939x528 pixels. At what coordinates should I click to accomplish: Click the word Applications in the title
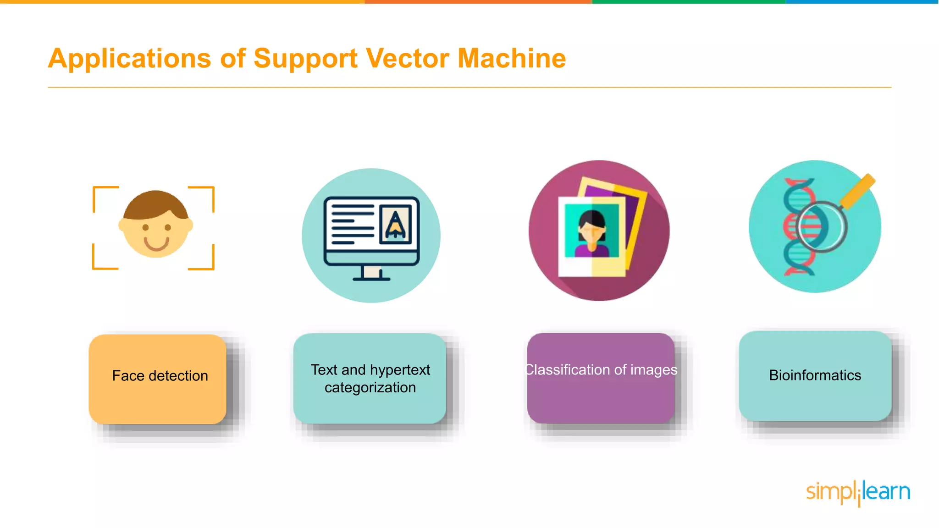pos(129,59)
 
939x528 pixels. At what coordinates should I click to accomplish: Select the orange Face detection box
pos(158,379)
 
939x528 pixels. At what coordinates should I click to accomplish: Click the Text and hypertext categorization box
pos(370,379)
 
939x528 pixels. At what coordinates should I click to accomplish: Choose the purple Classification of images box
pos(601,379)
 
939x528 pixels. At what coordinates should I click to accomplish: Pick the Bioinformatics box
pos(815,376)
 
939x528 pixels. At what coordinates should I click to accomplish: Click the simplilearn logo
pos(858,492)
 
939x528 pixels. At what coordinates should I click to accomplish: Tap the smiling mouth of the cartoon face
pos(156,243)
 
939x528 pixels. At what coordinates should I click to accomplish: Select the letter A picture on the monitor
pos(395,224)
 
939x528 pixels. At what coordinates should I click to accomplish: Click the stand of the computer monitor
pos(371,273)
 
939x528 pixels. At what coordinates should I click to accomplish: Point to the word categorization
pos(370,388)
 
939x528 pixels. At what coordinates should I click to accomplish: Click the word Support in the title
pos(305,59)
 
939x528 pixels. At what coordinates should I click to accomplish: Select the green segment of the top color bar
pos(688,2)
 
